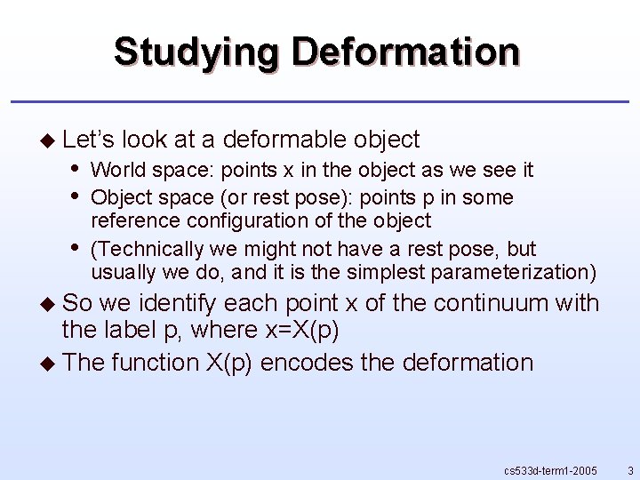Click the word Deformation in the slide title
(x=406, y=52)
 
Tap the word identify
(x=152, y=303)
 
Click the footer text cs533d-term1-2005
(x=550, y=469)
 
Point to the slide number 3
(x=629, y=469)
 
